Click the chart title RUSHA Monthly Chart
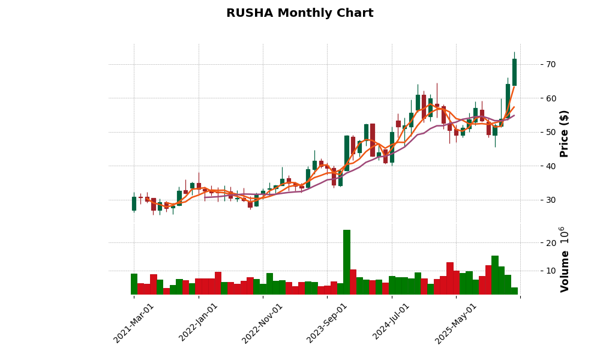[x=299, y=13]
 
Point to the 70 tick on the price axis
[x=550, y=64]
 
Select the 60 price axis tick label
[x=550, y=98]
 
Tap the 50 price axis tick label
[x=550, y=132]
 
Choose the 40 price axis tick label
[x=550, y=166]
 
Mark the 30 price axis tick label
[x=550, y=200]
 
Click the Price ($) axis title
[x=565, y=133]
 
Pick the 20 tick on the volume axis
[x=550, y=243]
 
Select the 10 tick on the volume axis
[x=550, y=271]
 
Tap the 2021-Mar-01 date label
[x=134, y=323]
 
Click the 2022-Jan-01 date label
[x=199, y=323]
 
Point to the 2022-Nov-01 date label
[x=263, y=323]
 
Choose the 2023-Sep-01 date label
[x=328, y=323]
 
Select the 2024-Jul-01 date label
[x=392, y=323]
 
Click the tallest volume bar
[x=347, y=262]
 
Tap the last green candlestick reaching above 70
[x=514, y=72]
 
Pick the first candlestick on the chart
[x=134, y=203]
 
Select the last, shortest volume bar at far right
[x=514, y=291]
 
